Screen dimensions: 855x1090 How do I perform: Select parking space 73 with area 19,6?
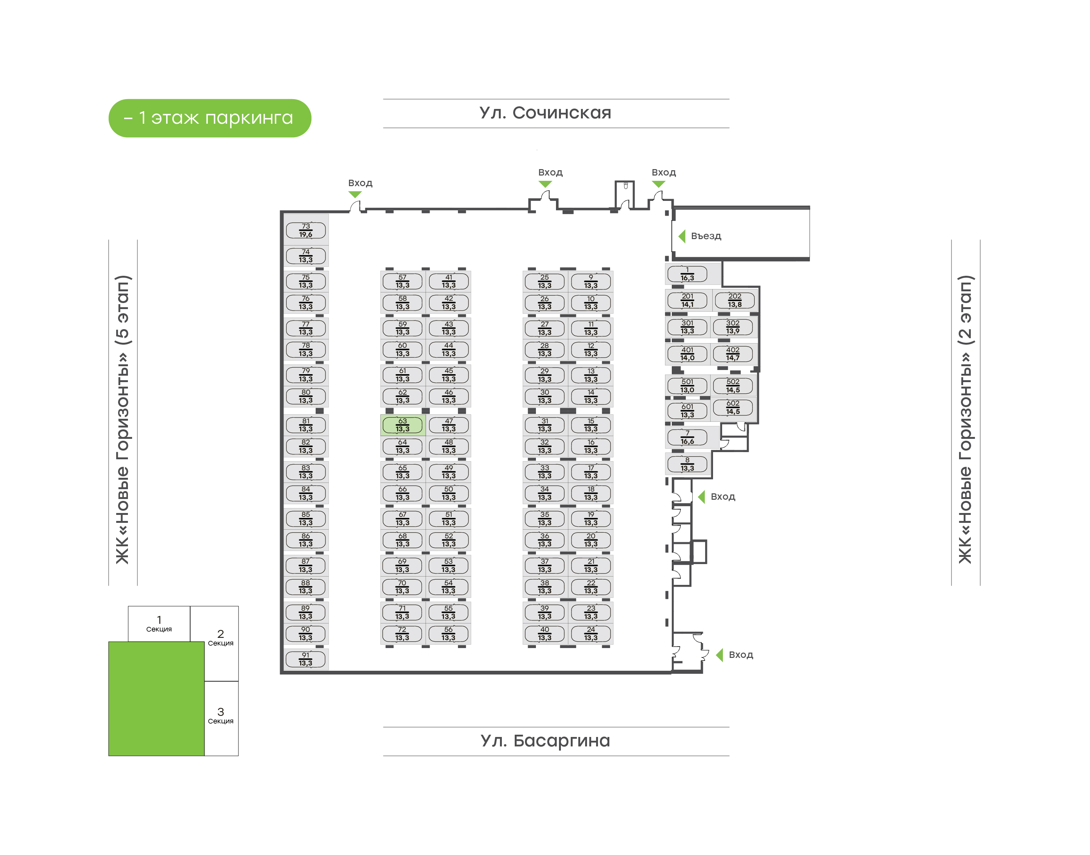click(x=305, y=230)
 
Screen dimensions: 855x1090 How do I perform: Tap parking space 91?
click(x=305, y=659)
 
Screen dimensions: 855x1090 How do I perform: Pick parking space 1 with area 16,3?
click(x=687, y=274)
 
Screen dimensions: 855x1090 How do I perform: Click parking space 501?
click(x=687, y=386)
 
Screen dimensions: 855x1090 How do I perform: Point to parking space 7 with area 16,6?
click(x=687, y=437)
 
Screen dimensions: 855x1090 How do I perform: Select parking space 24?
click(x=591, y=634)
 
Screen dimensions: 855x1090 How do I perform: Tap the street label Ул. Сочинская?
click(x=545, y=113)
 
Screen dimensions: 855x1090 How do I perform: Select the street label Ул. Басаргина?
click(x=545, y=741)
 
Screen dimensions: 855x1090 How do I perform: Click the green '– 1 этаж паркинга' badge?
click(x=210, y=118)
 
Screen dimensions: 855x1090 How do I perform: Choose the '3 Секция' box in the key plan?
click(x=221, y=716)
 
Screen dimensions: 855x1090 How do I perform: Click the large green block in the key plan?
click(x=156, y=698)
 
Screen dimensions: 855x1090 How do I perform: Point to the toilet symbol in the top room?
click(x=625, y=186)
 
